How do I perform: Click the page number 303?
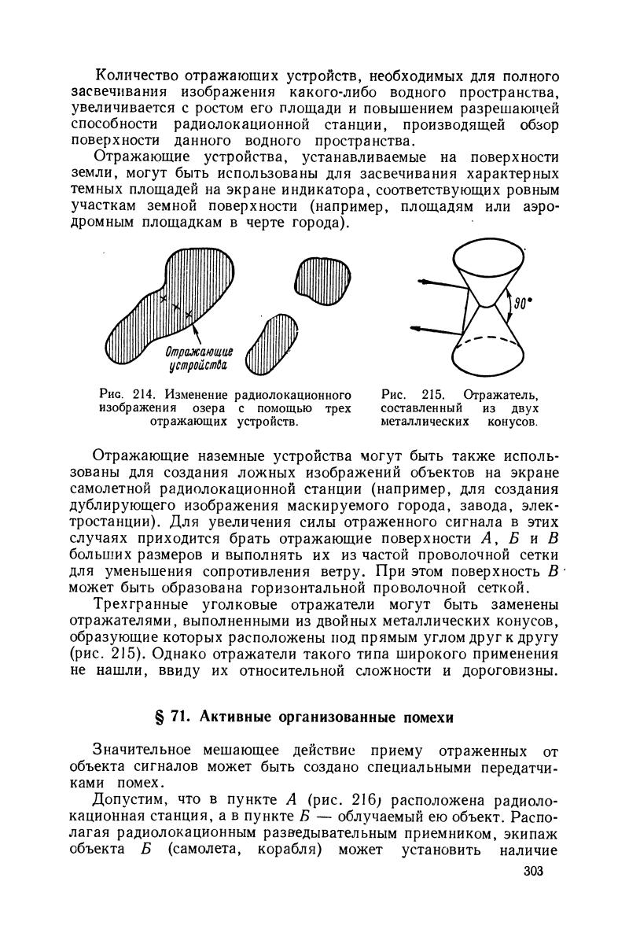pyautogui.click(x=532, y=872)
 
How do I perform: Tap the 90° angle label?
pyautogui.click(x=517, y=302)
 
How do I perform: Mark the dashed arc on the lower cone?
pyautogui.click(x=490, y=343)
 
